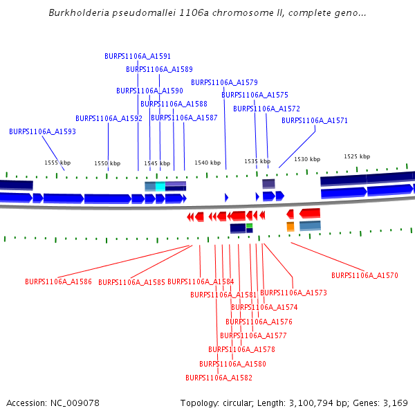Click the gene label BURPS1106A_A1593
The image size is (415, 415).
pos(42,131)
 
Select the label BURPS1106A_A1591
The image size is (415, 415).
pos(138,56)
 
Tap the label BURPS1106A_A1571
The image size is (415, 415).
pos(315,120)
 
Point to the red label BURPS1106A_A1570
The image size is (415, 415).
pos(365,275)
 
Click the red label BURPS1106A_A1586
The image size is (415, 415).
pos(58,282)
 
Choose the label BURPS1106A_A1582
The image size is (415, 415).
pos(219,378)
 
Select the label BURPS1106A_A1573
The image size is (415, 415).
pos(293,293)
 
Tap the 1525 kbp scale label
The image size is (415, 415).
pos(357,156)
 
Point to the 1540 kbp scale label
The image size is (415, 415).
pos(207,163)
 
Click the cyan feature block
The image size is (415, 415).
pos(160,186)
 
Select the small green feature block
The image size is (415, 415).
pos(249,225)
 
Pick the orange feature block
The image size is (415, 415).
pos(290,226)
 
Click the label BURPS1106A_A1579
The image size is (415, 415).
pos(224,82)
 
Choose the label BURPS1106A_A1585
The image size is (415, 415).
pos(131,282)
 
